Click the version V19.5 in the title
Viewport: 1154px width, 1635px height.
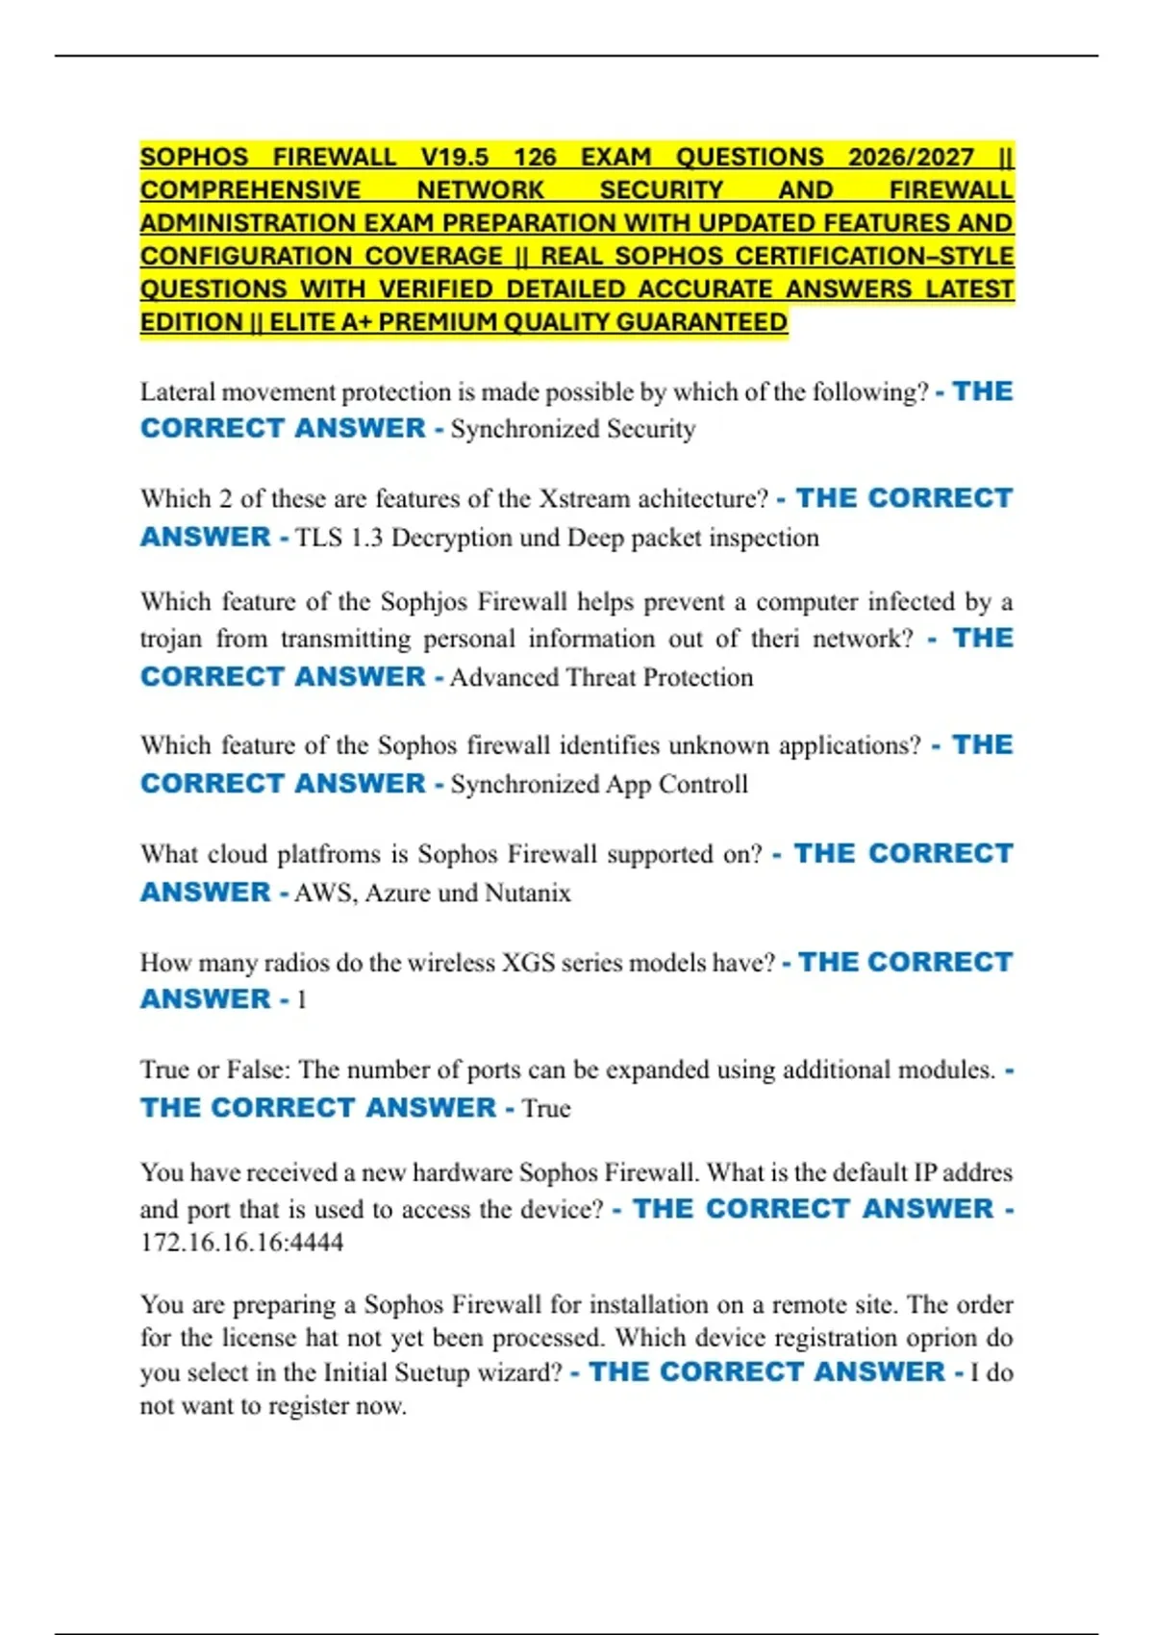point(454,157)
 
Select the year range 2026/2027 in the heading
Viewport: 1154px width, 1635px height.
point(911,157)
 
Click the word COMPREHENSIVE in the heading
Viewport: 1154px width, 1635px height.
point(250,190)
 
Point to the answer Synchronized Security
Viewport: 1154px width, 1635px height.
point(573,429)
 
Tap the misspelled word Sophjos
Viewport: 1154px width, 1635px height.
point(424,602)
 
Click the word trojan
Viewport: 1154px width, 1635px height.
point(171,640)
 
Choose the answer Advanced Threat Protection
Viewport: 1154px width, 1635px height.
point(601,678)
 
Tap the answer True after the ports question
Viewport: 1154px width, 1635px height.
point(546,1109)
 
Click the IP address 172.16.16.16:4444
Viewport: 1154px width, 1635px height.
point(241,1243)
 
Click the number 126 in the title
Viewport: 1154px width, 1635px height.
point(535,157)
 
